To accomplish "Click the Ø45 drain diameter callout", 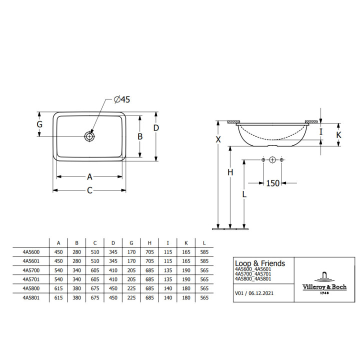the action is (122, 99).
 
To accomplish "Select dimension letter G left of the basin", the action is (39, 124).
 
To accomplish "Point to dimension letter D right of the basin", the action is (156, 128).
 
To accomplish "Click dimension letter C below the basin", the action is (90, 190).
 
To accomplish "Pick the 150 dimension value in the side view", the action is (273, 183).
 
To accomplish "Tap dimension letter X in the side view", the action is (218, 139).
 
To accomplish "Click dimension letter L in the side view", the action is (244, 194).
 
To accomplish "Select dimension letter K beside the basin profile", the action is (338, 135).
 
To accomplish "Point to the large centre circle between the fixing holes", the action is (272, 160).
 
